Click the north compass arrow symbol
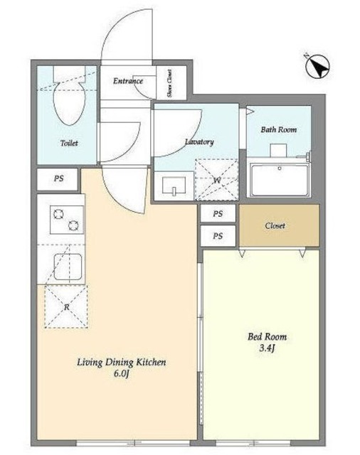click(318, 66)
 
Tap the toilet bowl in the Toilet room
click(70, 103)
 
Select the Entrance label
click(128, 80)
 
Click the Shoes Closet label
click(169, 83)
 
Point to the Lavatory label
click(199, 141)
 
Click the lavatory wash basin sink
click(174, 186)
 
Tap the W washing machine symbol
click(216, 180)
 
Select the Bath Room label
click(279, 129)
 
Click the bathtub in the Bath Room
click(279, 180)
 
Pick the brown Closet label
click(275, 225)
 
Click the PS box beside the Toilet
click(58, 179)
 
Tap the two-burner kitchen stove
click(66, 220)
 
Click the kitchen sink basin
click(68, 267)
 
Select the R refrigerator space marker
click(66, 306)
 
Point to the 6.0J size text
click(121, 374)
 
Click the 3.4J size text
click(267, 348)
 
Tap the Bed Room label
click(267, 336)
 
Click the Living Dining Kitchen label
click(122, 363)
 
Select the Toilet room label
click(69, 143)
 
